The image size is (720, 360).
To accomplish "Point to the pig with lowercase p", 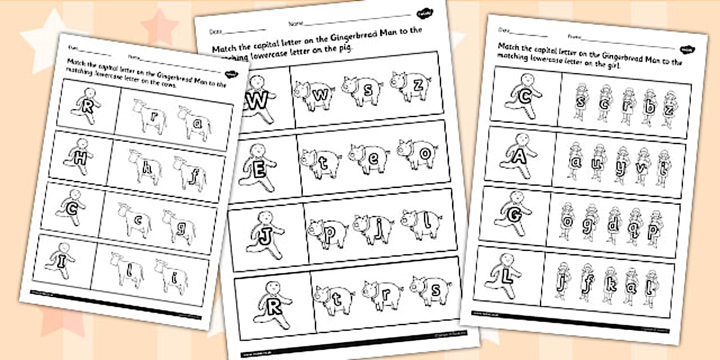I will pos(327,231).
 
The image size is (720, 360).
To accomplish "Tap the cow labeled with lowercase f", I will pos(191,174).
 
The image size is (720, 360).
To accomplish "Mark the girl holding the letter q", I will pos(634,226).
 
